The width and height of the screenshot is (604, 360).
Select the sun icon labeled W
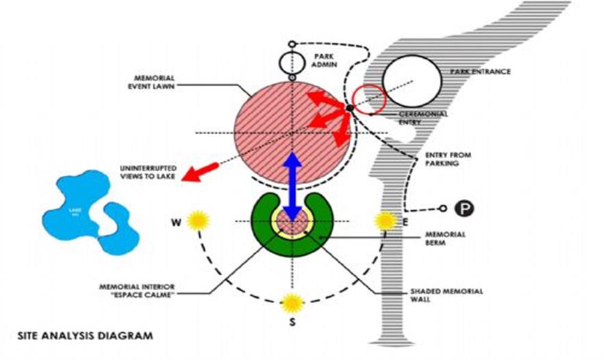198,220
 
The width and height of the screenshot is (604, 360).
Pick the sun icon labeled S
292,302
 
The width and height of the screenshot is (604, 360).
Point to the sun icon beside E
386,220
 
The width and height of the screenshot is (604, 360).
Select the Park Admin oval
292,62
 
